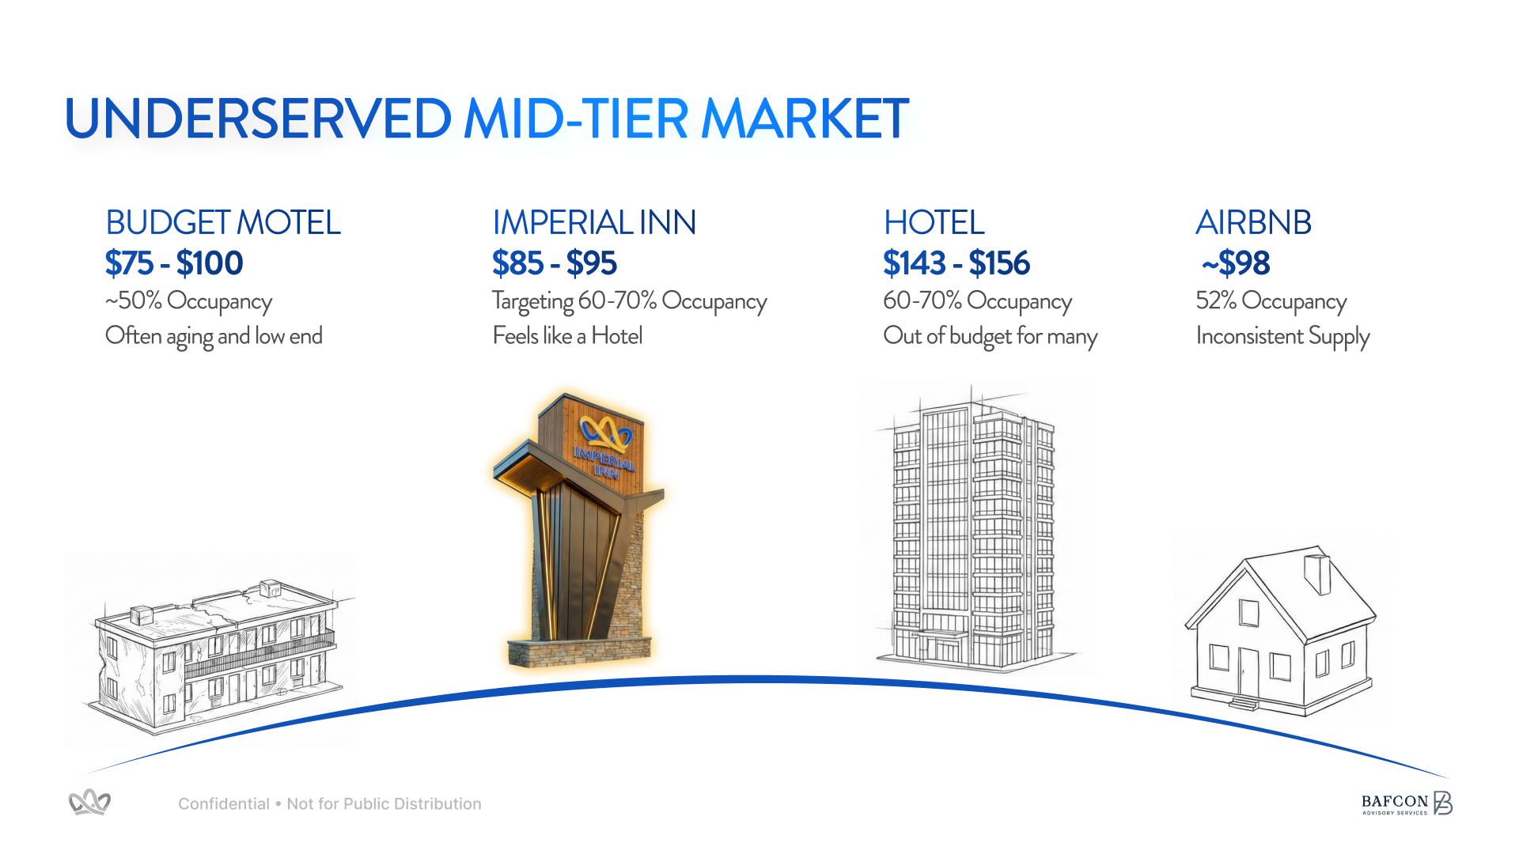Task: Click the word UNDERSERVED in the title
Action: (x=258, y=119)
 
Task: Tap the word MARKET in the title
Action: (x=805, y=119)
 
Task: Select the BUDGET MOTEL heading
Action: (x=223, y=223)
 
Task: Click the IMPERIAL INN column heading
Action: (x=594, y=223)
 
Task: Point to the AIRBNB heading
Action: (x=1254, y=223)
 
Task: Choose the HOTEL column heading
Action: (x=934, y=223)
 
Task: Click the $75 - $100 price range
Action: (x=174, y=263)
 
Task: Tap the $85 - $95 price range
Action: (x=555, y=263)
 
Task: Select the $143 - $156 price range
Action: (x=956, y=263)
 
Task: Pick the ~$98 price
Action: (x=1236, y=263)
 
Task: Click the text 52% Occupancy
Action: (x=1271, y=301)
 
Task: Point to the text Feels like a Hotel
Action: (x=567, y=336)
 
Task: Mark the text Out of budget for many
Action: (x=991, y=337)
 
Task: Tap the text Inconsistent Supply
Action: (x=1283, y=337)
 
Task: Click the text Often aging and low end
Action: (x=214, y=337)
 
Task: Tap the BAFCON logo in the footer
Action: (x=1407, y=803)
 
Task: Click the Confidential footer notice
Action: (x=330, y=804)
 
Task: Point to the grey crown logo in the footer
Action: (x=89, y=803)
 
